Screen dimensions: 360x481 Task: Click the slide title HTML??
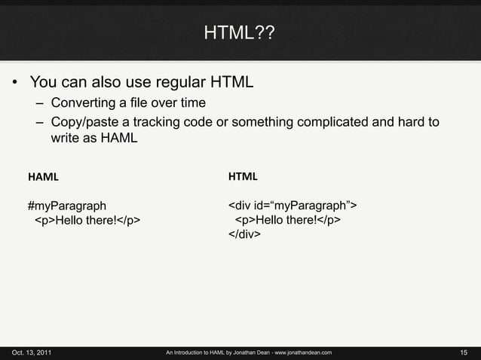point(240,33)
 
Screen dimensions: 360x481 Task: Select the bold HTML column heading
point(243,178)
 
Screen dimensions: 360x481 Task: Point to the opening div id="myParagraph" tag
point(293,205)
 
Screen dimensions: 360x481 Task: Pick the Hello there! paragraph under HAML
point(87,220)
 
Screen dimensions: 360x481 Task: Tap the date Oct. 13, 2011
point(32,352)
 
